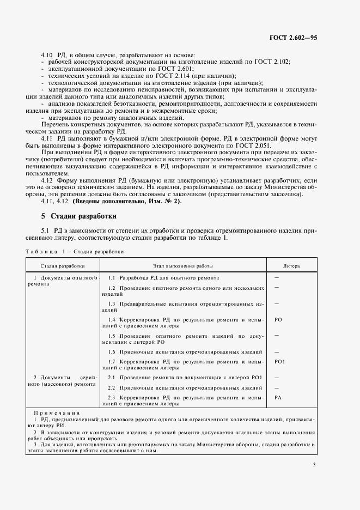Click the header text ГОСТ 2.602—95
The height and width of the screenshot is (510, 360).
293,37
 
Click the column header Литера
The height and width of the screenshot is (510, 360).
291,266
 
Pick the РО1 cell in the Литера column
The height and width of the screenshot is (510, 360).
279,362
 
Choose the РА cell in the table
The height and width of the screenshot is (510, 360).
278,398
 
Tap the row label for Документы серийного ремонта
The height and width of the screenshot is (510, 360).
65,380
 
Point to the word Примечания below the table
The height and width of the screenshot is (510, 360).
57,413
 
